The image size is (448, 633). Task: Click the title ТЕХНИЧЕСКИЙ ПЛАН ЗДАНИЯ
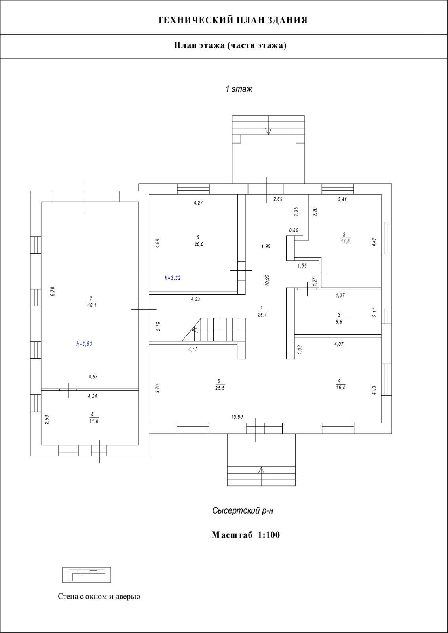click(232, 20)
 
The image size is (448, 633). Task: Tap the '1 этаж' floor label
click(239, 89)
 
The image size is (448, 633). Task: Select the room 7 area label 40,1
click(91, 302)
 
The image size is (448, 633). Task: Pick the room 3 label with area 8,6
click(339, 319)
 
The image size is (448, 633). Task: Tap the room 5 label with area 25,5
click(218, 385)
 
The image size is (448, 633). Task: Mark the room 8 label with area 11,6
click(93, 418)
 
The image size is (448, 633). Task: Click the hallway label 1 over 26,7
click(262, 311)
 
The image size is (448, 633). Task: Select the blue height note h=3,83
click(84, 344)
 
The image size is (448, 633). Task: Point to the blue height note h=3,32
click(173, 278)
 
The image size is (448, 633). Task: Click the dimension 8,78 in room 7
click(53, 291)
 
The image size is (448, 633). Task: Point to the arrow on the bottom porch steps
click(261, 471)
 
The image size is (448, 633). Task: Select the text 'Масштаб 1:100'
click(246, 535)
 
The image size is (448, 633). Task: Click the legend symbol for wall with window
click(86, 575)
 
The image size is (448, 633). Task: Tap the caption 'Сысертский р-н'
click(243, 511)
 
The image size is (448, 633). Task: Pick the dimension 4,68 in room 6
click(158, 243)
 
